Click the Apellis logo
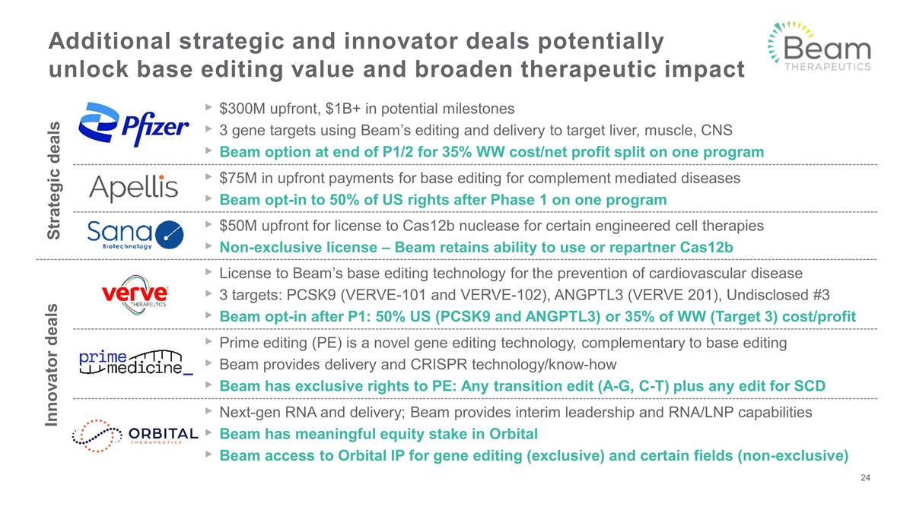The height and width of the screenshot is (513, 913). tap(133, 187)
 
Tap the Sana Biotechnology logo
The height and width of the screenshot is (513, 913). tap(134, 235)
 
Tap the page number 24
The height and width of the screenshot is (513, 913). tap(864, 478)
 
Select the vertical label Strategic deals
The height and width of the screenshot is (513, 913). tap(54, 182)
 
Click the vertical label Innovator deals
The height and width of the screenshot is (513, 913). tap(54, 365)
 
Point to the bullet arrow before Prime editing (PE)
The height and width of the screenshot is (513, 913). tap(209, 343)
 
